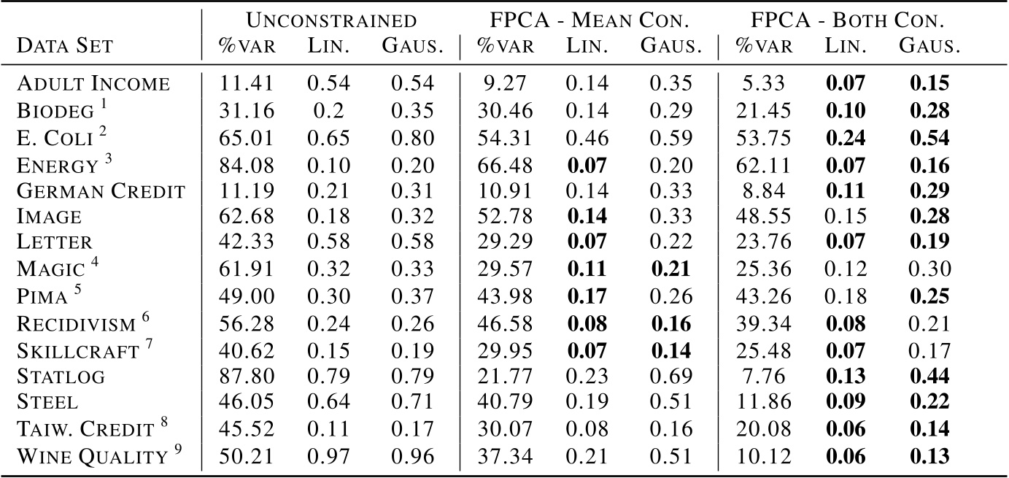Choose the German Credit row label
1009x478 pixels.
point(101,190)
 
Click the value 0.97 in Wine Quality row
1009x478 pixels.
point(328,457)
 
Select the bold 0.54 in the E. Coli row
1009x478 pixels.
point(929,136)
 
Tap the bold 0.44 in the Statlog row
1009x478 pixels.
point(929,377)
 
